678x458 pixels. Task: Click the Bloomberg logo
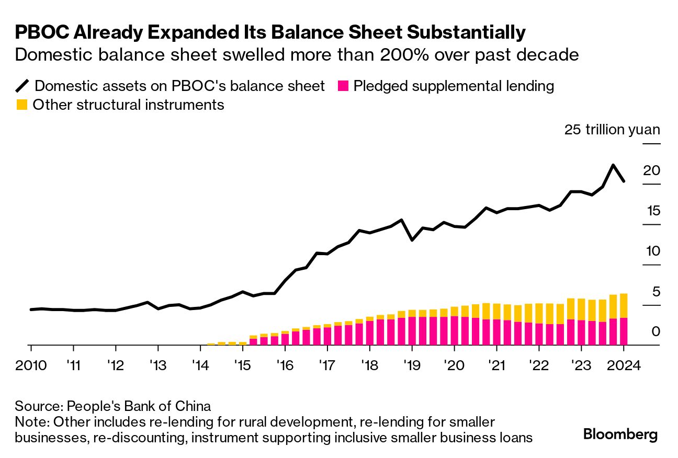tap(620, 434)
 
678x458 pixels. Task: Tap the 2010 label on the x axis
tap(31, 364)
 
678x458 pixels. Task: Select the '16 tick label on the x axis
tap(285, 364)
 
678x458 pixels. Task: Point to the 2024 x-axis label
tap(624, 364)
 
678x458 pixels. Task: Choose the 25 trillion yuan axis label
tap(612, 130)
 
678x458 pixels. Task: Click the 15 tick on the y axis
tap(653, 211)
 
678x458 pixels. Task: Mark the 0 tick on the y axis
tap(656, 332)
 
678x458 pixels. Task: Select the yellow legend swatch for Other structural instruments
tap(21, 105)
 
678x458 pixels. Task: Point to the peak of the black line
tap(613, 165)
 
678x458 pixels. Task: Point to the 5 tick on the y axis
tap(656, 292)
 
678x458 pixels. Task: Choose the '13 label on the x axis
tap(158, 364)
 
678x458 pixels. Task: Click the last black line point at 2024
tap(624, 181)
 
